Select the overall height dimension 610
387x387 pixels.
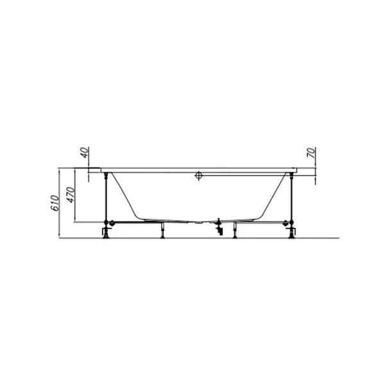point(55,203)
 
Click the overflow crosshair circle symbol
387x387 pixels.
point(198,175)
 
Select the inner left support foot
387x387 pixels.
point(162,230)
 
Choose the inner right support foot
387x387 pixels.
point(236,230)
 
